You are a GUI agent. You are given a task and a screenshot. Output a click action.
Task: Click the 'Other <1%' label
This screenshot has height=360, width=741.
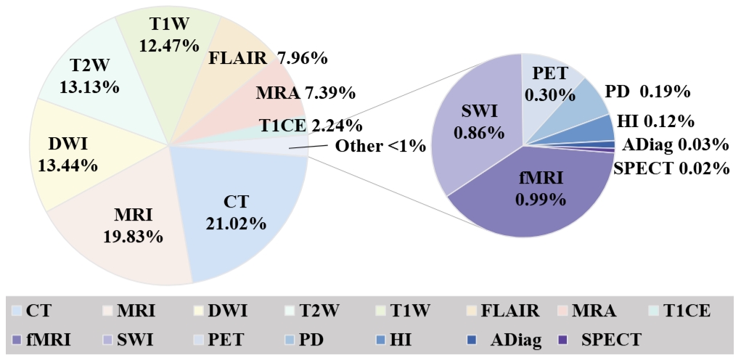coord(380,146)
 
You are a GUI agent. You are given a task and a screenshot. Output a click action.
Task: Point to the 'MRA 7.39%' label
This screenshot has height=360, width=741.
coord(306,92)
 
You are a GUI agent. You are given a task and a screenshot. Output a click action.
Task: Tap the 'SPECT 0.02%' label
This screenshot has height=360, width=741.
coord(671,168)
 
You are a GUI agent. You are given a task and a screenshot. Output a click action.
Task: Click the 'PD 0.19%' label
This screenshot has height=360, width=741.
coord(647,92)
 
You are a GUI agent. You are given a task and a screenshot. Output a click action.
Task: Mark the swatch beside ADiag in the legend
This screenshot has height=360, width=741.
coord(473,338)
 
